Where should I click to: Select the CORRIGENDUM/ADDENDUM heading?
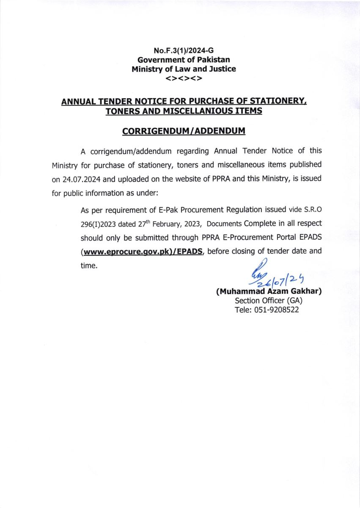click(184, 131)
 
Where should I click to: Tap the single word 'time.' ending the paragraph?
click(89, 266)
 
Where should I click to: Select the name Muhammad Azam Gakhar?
click(269, 292)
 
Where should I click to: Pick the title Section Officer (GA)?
click(269, 301)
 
